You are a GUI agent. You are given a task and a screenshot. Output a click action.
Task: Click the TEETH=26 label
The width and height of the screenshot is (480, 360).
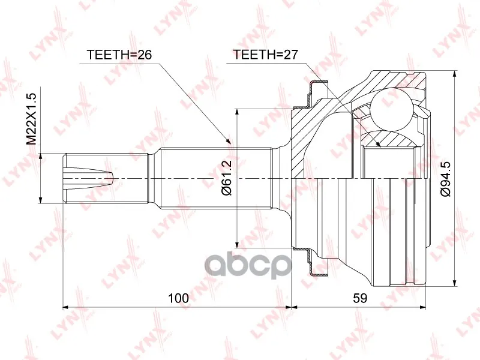[119, 55]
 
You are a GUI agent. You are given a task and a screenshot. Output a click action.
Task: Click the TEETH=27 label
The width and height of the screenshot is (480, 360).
[265, 55]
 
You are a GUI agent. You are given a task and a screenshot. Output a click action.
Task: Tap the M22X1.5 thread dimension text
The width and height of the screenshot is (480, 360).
[31, 119]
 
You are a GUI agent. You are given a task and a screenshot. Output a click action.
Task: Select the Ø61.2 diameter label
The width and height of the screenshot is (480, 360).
[227, 178]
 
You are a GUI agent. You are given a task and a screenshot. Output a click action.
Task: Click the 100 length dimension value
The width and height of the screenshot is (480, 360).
[179, 298]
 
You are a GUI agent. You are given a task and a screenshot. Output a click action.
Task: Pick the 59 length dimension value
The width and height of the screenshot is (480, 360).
[359, 298]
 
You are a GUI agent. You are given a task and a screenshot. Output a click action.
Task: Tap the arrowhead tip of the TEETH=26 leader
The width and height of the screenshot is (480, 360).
[230, 143]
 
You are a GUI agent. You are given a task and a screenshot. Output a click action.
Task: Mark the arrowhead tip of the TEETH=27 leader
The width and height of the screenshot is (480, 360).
[380, 146]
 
